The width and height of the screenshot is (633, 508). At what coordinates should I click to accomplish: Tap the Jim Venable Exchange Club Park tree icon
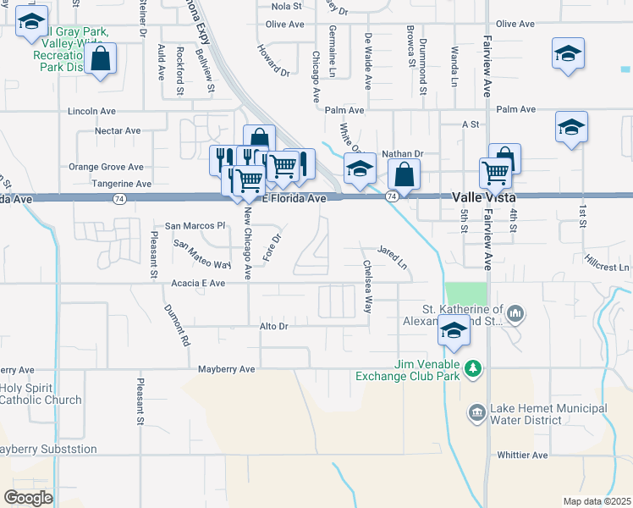474,368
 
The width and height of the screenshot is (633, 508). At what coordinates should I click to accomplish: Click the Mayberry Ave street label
226,369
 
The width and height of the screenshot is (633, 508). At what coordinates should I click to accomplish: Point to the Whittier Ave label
523,455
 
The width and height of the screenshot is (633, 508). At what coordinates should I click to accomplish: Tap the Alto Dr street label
274,326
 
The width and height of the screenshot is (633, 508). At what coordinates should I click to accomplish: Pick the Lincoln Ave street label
91,111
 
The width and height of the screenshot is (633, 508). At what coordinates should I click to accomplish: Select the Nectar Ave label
118,131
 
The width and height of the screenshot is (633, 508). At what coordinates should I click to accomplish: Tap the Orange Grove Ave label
106,168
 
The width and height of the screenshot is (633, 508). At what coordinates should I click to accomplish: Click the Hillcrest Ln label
608,268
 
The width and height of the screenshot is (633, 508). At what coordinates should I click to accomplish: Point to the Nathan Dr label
402,153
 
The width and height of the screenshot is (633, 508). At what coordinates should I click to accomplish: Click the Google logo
27,498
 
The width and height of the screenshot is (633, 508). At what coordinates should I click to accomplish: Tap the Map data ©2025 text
597,501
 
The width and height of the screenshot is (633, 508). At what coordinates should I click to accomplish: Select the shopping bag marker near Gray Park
100,59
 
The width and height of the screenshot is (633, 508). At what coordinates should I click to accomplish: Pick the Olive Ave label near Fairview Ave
519,24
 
